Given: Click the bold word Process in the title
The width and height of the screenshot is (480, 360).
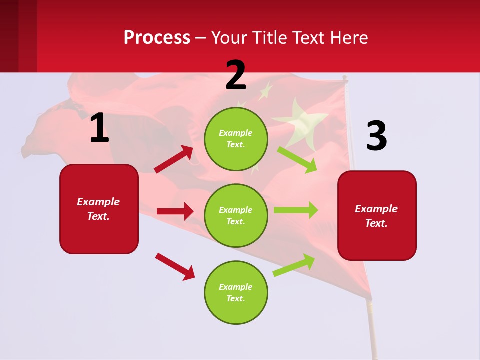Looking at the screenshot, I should coord(157,38).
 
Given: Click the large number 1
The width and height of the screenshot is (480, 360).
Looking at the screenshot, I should coord(99,128).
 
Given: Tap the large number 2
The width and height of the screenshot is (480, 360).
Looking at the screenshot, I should coord(236,75).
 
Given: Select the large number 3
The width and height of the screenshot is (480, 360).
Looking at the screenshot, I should coord(376,136).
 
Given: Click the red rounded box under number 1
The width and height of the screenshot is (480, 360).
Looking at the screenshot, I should coord(99,209).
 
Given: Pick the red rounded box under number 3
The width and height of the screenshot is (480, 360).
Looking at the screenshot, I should coord(377,215).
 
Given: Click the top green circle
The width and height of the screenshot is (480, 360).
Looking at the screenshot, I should coord(236,139).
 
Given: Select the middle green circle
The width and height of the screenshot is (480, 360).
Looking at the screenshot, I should coord(236,215).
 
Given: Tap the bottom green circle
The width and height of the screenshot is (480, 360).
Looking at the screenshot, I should coord(236,292).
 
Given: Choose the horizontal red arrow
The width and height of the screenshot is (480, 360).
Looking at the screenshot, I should coord(175,211).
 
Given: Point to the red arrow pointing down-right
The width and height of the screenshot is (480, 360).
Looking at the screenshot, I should coord(175,266).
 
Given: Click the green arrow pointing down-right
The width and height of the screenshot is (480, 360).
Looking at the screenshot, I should coord(297,159).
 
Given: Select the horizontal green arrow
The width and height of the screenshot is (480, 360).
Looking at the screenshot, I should coord(296,210).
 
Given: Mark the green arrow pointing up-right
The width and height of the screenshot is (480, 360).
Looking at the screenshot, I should coord(294,265).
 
